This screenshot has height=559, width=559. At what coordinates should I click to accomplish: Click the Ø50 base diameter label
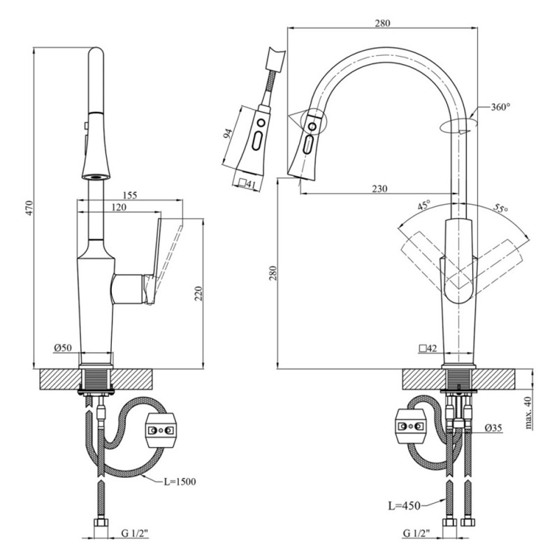coord(61,347)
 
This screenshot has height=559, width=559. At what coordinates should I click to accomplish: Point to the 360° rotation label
coord(500,107)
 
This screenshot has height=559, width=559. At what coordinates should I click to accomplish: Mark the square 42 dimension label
coord(428,347)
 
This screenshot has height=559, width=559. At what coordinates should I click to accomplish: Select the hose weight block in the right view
coord(411,424)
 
